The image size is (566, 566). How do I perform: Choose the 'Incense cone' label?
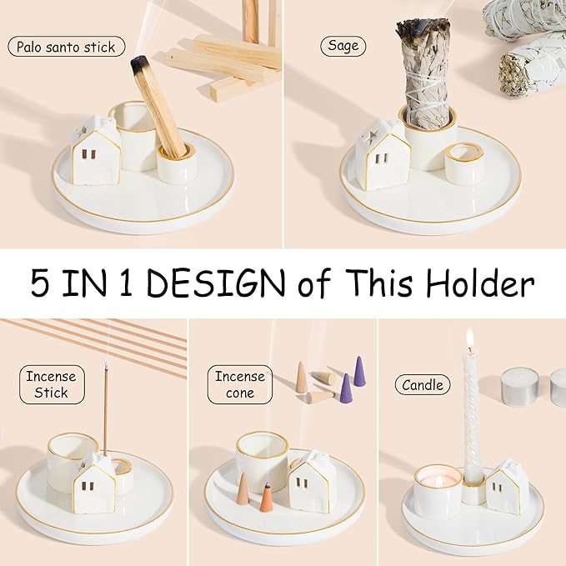(239, 383)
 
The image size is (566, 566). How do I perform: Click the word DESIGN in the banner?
(220, 283)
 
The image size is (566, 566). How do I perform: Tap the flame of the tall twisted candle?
(470, 339)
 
